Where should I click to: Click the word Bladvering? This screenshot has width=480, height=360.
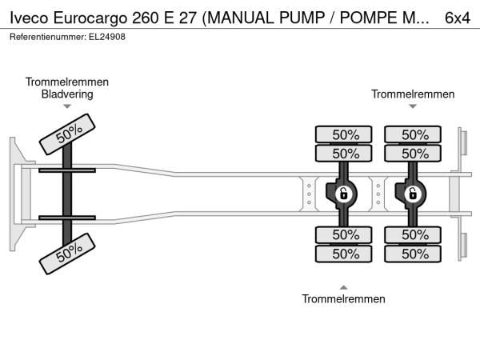pyautogui.click(x=67, y=94)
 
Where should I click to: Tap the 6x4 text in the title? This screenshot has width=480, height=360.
pyautogui.click(x=457, y=17)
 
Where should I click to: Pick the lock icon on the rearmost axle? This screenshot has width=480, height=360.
pyautogui.click(x=414, y=193)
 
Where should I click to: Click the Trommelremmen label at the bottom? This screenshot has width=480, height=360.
pyautogui.click(x=343, y=299)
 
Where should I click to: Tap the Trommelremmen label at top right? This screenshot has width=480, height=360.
pyautogui.click(x=413, y=94)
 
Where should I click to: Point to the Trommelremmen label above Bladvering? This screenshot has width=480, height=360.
pyautogui.click(x=67, y=82)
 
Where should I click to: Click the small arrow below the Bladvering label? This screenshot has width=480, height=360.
pyautogui.click(x=67, y=106)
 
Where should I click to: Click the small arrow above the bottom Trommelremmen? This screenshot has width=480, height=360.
pyautogui.click(x=343, y=287)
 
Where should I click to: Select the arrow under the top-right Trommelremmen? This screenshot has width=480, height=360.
pyautogui.click(x=413, y=106)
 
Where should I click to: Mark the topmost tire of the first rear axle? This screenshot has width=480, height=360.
pyautogui.click(x=345, y=134)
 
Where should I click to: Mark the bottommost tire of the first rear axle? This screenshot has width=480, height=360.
pyautogui.click(x=345, y=254)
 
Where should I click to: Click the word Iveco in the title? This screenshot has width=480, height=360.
pyautogui.click(x=29, y=17)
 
